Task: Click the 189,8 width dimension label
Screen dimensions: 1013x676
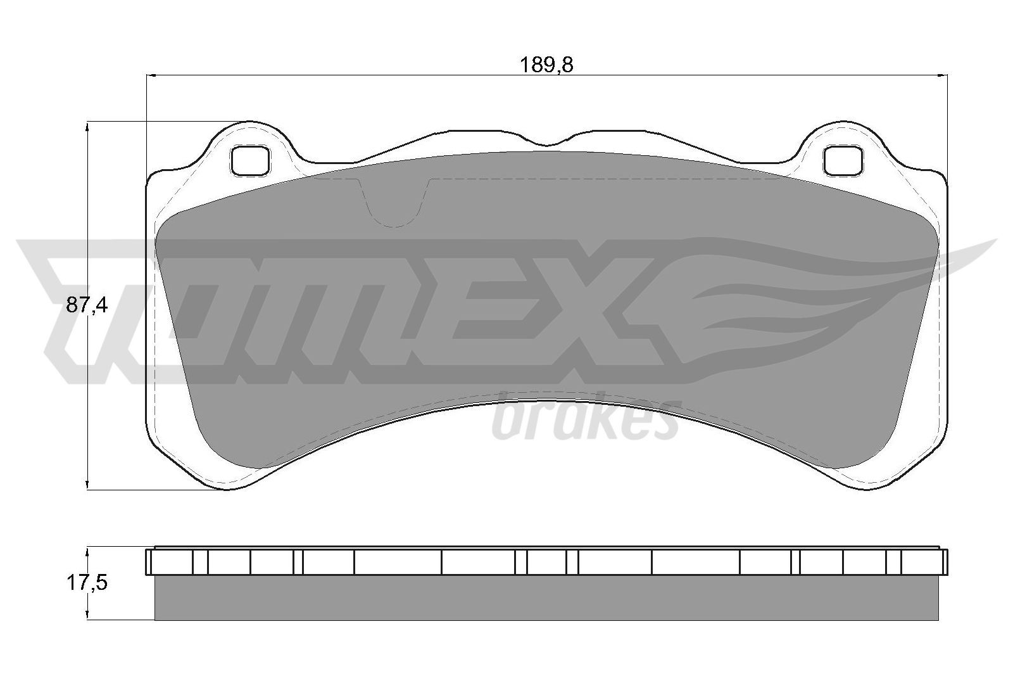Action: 546,66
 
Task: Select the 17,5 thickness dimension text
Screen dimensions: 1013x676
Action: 87,584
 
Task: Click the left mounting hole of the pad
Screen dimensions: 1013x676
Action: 250,161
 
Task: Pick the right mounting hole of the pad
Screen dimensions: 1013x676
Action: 843,161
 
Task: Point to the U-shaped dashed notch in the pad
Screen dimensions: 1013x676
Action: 394,203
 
